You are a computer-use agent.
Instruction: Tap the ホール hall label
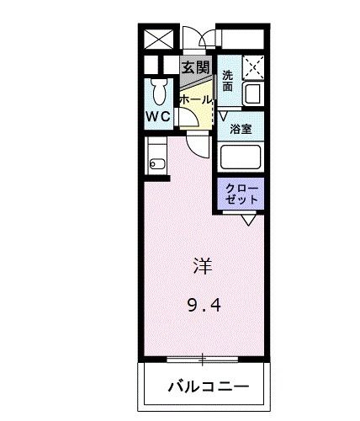coord(196,99)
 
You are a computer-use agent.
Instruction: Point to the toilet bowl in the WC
coord(157,90)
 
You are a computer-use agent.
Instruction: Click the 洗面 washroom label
coord(228,80)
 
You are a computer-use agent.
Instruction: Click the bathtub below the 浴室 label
coord(241,157)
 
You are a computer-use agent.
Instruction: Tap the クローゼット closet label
coord(242,194)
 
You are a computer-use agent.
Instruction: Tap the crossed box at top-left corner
coord(157,39)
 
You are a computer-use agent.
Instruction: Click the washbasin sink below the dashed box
coord(251,93)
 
